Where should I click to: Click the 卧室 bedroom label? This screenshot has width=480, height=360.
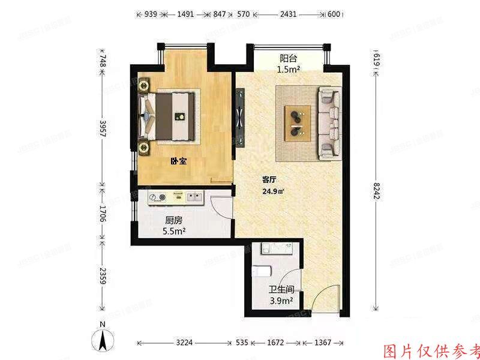178,161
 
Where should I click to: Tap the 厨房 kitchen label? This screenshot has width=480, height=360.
175,220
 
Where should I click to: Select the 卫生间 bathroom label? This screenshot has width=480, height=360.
280,291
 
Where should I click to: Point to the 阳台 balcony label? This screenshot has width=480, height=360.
288,59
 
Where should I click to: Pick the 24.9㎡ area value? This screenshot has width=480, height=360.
272,192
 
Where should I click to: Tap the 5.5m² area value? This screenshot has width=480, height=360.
175,230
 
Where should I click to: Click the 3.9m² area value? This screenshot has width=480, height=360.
280,301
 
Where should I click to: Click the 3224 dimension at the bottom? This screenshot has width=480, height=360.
184,343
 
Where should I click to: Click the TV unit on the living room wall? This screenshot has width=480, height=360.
240,118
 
